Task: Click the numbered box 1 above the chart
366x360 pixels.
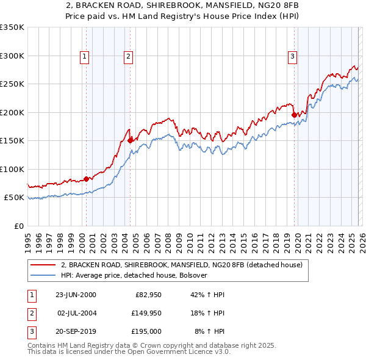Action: [x=84, y=57]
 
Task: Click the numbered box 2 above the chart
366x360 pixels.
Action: [x=129, y=57]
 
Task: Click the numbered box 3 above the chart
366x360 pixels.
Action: [x=292, y=57]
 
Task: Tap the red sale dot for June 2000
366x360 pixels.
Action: [x=86, y=179]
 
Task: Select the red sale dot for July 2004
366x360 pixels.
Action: [x=130, y=140]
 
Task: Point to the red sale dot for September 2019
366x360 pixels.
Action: [x=294, y=115]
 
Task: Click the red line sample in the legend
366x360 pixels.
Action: [x=43, y=265]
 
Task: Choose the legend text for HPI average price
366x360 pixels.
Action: [x=134, y=275]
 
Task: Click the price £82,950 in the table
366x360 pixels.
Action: [x=145, y=295]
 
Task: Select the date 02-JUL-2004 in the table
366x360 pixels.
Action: [x=77, y=313]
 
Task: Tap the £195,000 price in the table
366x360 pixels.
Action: [x=146, y=331]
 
